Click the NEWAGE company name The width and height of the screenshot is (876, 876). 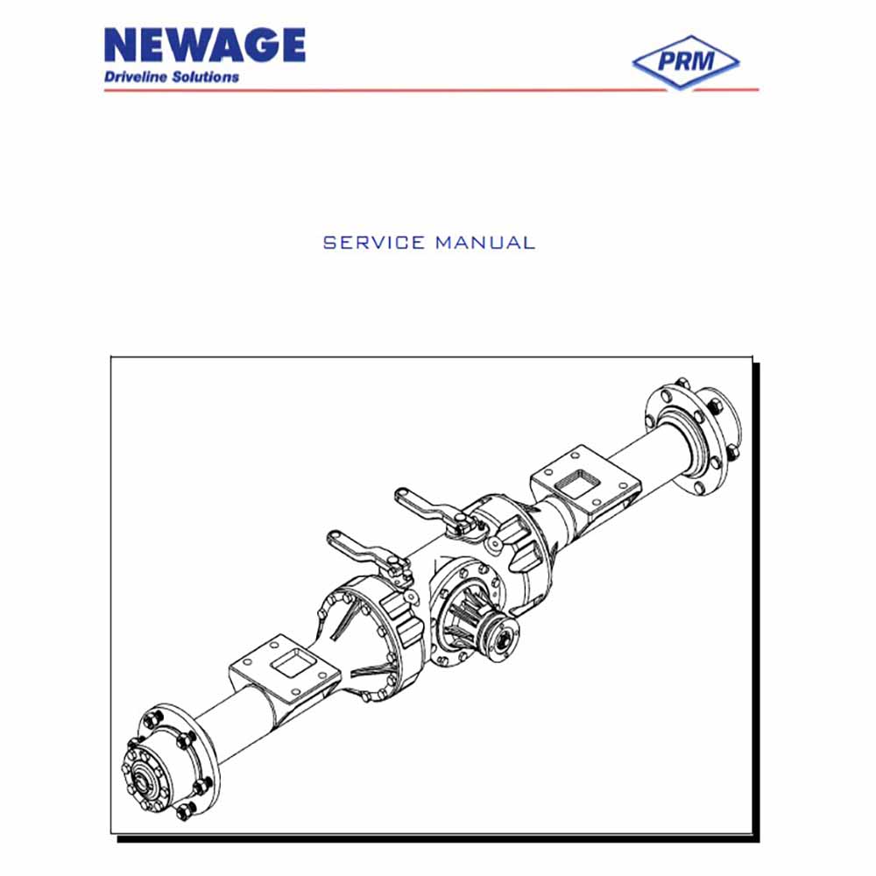coord(204,45)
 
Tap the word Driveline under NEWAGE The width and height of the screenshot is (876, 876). coord(136,77)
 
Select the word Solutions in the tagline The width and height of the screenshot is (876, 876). coord(206,77)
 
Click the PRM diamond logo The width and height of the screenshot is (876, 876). coord(686,61)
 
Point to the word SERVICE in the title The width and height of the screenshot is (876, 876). coord(374,243)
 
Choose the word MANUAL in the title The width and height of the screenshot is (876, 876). coord(485,243)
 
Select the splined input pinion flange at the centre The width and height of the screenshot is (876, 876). coord(501,638)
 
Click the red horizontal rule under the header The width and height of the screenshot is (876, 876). coord(431,89)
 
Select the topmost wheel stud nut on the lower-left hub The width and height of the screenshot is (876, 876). coord(152,717)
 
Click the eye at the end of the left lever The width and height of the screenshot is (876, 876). coord(334,539)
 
